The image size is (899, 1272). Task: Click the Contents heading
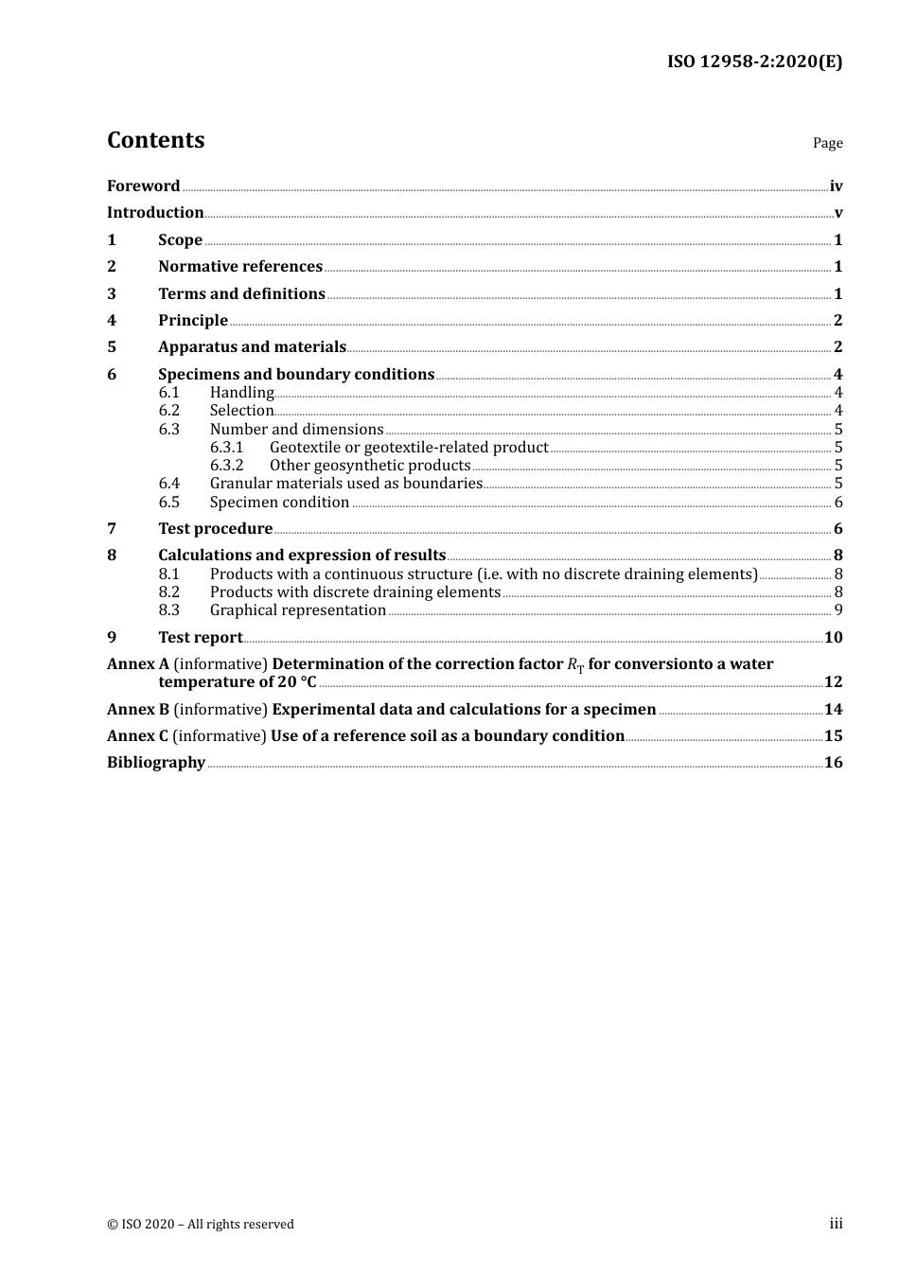click(x=155, y=140)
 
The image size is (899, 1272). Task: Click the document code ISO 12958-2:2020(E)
click(x=754, y=62)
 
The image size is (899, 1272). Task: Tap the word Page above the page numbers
click(x=827, y=143)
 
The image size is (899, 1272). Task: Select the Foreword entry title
click(x=143, y=186)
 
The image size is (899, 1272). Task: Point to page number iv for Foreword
click(x=836, y=186)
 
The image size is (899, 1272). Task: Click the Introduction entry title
click(x=155, y=213)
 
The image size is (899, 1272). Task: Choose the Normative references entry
click(x=240, y=267)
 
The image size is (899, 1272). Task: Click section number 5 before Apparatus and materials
click(x=112, y=347)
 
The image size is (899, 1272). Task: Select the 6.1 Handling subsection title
click(x=241, y=393)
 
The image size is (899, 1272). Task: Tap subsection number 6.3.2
click(x=226, y=466)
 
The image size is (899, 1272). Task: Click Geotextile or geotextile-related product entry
click(x=409, y=448)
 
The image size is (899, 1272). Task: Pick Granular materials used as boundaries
click(x=346, y=484)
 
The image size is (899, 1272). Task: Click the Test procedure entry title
click(x=215, y=529)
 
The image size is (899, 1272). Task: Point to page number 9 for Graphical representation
click(x=838, y=610)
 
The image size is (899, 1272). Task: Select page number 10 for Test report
click(x=833, y=638)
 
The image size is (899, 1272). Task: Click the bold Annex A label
click(x=138, y=664)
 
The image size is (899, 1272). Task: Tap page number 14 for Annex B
click(x=833, y=710)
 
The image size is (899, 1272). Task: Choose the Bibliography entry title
click(x=156, y=763)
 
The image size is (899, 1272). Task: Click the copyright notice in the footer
click(x=201, y=1225)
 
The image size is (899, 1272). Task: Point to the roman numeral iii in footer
click(x=836, y=1224)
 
